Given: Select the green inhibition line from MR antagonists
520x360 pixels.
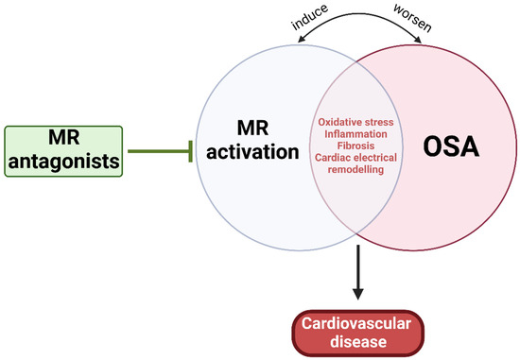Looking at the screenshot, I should (160, 149).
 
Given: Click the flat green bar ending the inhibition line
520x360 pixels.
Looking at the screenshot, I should (192, 149).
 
